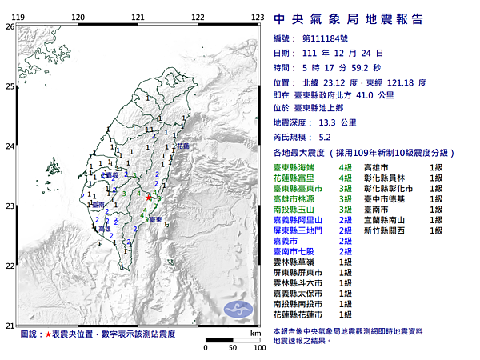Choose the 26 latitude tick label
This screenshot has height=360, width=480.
9,26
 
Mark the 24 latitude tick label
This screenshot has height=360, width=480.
9,146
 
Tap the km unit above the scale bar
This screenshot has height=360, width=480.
254,333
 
